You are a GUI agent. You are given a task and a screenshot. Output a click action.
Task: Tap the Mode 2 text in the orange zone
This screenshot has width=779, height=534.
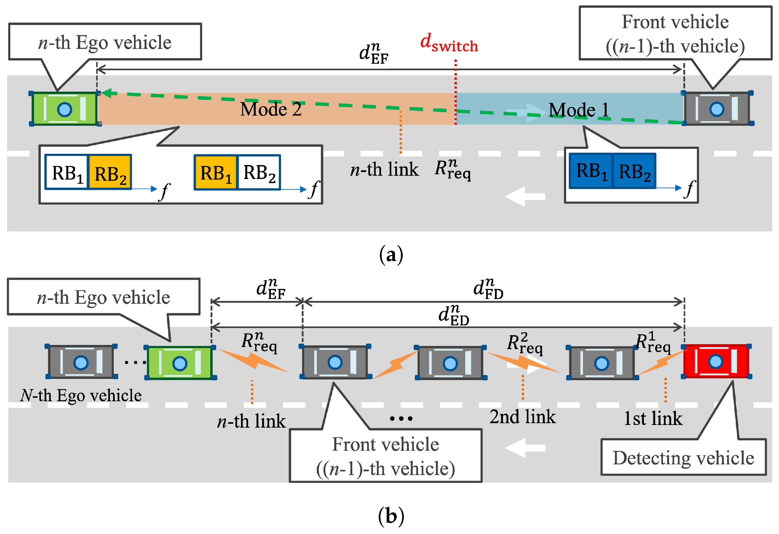point(271,109)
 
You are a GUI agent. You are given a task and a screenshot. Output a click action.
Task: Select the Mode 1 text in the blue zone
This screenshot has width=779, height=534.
point(579,110)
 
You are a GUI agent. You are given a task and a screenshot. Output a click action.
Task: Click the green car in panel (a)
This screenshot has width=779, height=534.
point(65,109)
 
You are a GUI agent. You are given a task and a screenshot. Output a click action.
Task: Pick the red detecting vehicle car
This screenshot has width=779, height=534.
point(716,361)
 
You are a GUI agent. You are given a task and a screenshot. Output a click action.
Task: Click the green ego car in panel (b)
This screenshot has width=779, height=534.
point(180,363)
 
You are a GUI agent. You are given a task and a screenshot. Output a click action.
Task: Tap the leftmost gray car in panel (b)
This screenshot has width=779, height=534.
point(81,362)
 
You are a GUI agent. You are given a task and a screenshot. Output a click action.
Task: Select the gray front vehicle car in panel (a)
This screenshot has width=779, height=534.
point(717,109)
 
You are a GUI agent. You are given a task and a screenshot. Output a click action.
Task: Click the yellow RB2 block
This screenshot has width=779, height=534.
point(110,172)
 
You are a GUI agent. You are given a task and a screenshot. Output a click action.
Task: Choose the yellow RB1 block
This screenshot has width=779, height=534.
point(216,172)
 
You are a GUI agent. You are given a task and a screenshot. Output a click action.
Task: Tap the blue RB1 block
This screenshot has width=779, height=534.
point(591,171)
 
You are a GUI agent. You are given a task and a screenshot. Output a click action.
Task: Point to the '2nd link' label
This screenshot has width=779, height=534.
point(523,417)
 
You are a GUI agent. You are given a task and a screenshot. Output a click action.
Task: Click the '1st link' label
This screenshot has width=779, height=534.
point(653,418)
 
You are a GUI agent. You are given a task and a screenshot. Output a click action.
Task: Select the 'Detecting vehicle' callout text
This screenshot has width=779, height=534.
point(683,458)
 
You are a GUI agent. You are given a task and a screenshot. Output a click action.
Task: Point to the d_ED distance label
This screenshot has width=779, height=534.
point(454,315)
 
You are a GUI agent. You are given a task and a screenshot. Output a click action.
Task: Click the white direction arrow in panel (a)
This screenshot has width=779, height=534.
point(525,196)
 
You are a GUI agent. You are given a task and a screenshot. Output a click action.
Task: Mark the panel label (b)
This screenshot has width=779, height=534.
point(391,516)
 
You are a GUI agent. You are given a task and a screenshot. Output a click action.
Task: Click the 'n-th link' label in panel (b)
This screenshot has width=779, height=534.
point(251,421)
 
